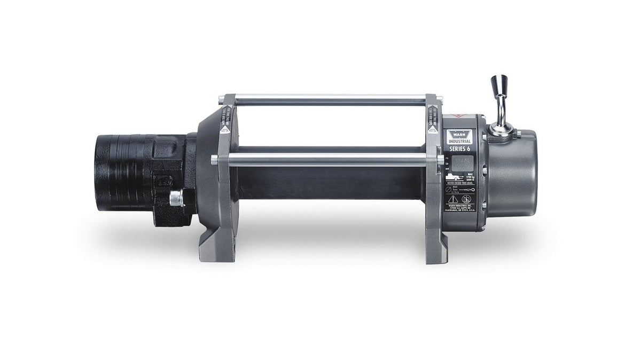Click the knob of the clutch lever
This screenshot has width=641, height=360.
pyautogui.click(x=499, y=86)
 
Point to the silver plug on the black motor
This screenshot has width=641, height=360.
pyautogui.click(x=175, y=199)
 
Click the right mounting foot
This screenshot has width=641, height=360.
pyautogui.click(x=437, y=250)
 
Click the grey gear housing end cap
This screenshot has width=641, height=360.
pyautogui.click(x=513, y=171)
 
